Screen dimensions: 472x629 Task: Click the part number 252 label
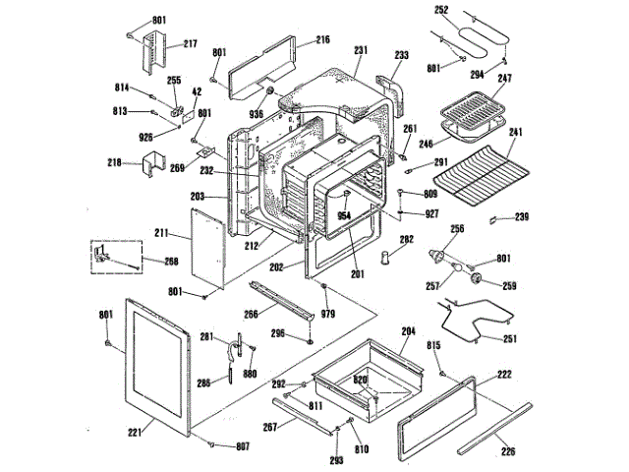pyautogui.click(x=441, y=10)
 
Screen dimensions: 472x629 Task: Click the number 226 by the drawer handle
pyautogui.click(x=508, y=452)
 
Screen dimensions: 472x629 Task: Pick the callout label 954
pyautogui.click(x=344, y=213)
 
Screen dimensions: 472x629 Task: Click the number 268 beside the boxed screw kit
pyautogui.click(x=172, y=262)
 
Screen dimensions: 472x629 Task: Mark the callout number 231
pyautogui.click(x=361, y=49)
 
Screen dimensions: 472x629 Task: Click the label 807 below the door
pyautogui.click(x=242, y=446)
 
